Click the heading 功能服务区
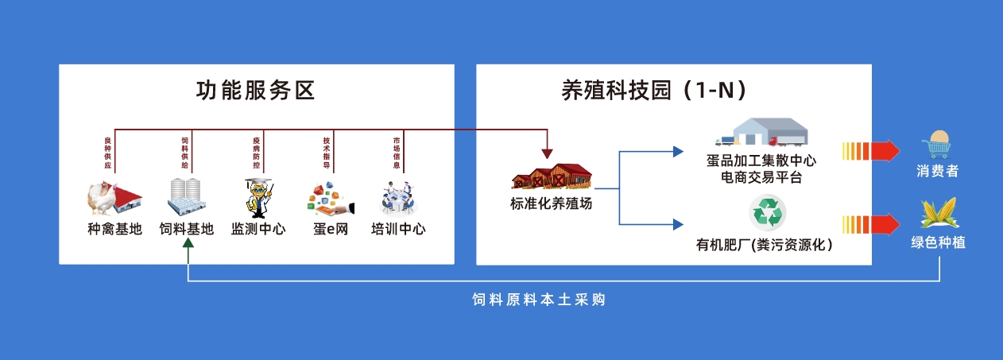coord(256,91)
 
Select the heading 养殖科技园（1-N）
coord(654,91)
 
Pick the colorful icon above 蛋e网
coord(328,199)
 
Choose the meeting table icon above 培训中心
coord(398,198)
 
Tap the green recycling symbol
coord(767,214)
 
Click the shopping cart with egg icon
coord(938,144)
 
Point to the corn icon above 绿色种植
coord(938,215)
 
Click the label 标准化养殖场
coord(552,203)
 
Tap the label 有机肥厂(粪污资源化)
coord(765,245)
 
